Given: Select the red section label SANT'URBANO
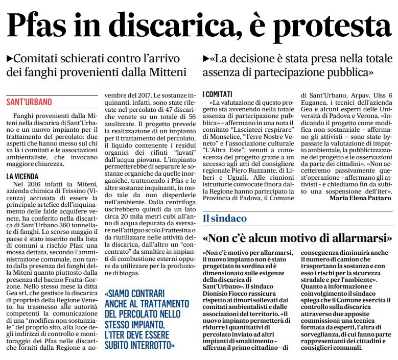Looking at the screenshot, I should click(29, 102).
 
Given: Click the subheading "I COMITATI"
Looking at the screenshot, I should click(218, 94).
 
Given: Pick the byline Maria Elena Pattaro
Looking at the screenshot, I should click(361, 197).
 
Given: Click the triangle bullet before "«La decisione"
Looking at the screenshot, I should click(206, 57).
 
